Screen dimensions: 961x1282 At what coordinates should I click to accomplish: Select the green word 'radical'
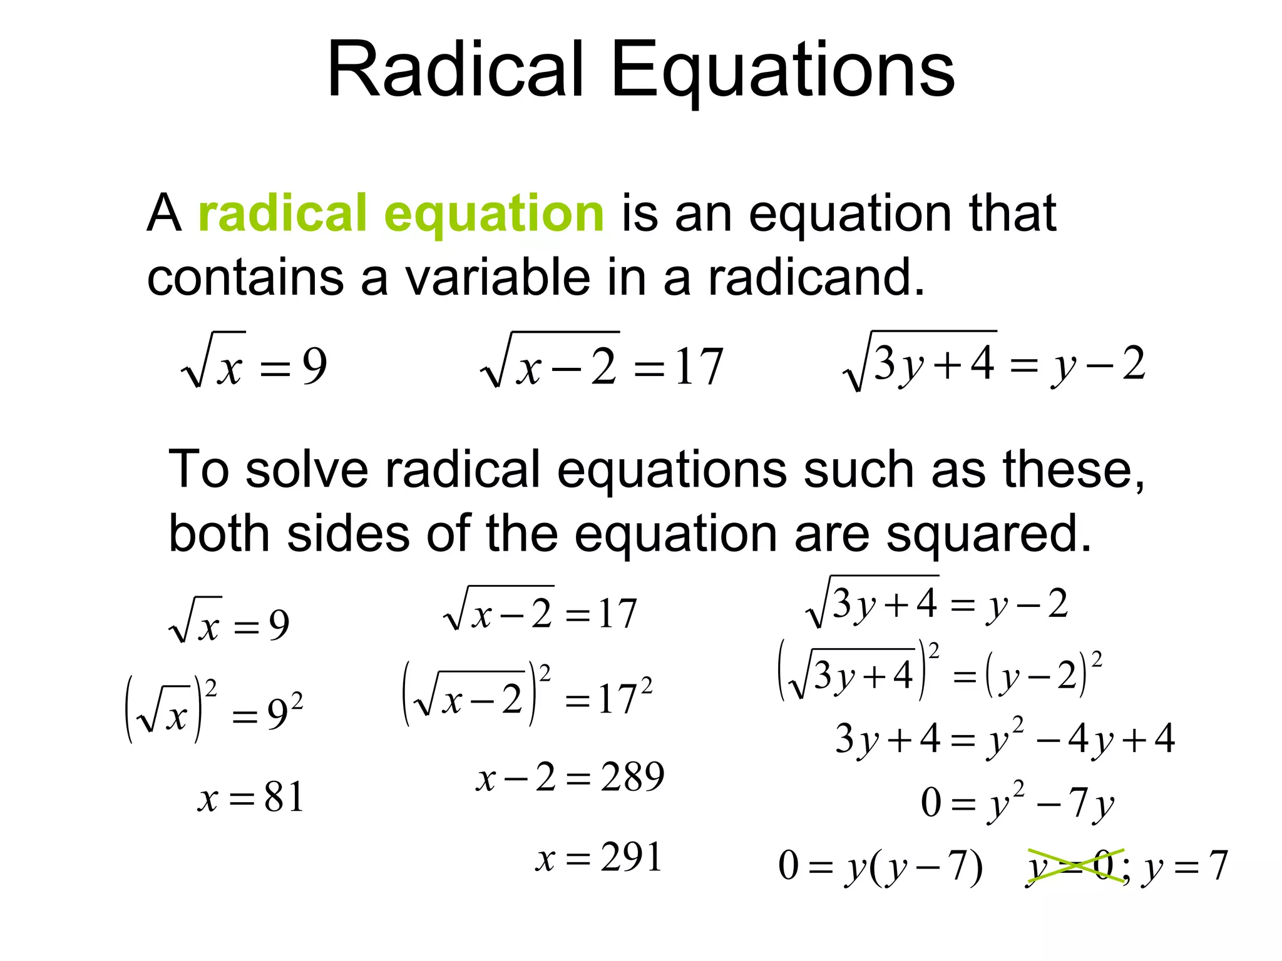tap(282, 213)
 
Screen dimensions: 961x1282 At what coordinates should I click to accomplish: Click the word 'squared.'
tap(989, 534)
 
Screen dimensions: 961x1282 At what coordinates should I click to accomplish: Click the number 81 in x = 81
tap(284, 798)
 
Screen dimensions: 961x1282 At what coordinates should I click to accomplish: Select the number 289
tap(632, 778)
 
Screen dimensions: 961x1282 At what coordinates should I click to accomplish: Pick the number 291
tap(631, 858)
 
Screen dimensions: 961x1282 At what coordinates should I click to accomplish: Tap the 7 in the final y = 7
tap(1218, 867)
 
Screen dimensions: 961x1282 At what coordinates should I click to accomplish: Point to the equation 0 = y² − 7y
tap(1017, 803)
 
